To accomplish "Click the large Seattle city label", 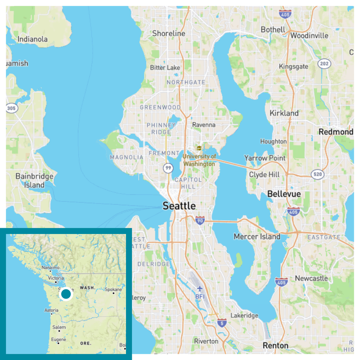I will tap(179, 206).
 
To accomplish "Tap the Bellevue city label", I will tap(283, 194).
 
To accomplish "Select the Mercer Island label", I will tap(257, 236).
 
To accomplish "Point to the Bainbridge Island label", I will tap(34, 180).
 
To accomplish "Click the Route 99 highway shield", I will tap(168, 168).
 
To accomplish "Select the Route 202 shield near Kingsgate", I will tap(324, 64).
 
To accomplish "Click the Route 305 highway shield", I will tap(11, 108).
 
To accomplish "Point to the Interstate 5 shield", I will tap(221, 323).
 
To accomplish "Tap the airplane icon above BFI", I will tap(200, 288).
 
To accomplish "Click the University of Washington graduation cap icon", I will tap(198, 148).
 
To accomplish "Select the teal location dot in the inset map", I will tap(66, 294).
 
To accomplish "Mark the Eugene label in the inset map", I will tap(58, 340).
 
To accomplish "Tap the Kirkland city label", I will tap(284, 113).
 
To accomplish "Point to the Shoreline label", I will tap(169, 34).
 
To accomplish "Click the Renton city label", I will tap(276, 346).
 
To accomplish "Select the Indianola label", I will tap(32, 39).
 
